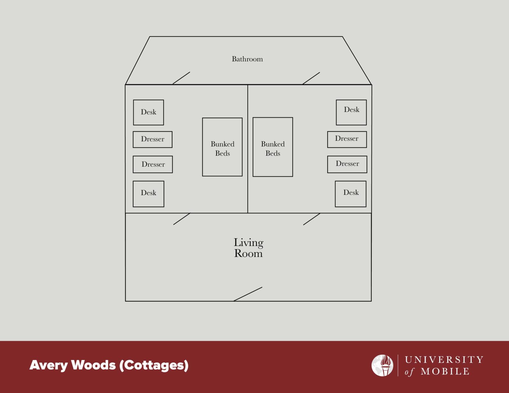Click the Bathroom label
(x=247, y=59)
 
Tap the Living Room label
(x=248, y=248)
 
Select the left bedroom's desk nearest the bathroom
(x=148, y=112)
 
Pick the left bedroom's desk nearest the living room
(x=148, y=194)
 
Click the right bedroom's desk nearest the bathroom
(x=351, y=112)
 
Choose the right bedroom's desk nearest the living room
(x=351, y=194)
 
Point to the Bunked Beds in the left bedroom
(x=222, y=147)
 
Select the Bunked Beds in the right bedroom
(x=273, y=147)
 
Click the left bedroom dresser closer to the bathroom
(x=152, y=140)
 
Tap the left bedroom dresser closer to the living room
(x=153, y=164)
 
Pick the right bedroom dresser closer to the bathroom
(x=347, y=140)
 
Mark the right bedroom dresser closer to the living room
(x=347, y=164)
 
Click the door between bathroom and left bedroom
(x=181, y=78)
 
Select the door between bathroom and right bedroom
(x=311, y=78)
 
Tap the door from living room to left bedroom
(x=182, y=219)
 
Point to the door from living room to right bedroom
(x=312, y=219)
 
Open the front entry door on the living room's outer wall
(x=248, y=294)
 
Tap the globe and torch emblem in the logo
(x=382, y=365)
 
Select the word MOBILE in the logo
(x=445, y=371)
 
